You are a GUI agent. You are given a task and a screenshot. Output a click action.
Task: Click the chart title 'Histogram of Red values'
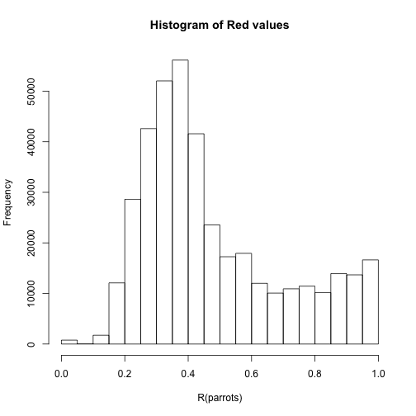point(220,26)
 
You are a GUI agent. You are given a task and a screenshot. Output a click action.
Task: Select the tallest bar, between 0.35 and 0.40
point(180,202)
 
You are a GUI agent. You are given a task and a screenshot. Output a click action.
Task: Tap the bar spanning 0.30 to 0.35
point(164,212)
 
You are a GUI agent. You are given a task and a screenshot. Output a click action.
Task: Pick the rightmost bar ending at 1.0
point(371,302)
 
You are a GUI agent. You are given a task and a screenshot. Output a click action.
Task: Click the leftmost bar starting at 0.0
point(69,342)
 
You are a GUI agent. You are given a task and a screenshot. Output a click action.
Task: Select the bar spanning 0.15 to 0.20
point(117,314)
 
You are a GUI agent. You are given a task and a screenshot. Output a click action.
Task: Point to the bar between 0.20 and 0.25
point(133,272)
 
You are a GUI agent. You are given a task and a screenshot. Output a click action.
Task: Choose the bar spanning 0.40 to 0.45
point(196,239)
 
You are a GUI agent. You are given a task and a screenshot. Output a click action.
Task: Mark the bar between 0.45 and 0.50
point(212,285)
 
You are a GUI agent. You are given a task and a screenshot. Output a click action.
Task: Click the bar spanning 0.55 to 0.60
point(243,299)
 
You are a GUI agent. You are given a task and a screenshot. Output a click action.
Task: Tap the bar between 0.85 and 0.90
point(338,309)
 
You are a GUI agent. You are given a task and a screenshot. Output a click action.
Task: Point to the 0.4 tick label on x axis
point(188,374)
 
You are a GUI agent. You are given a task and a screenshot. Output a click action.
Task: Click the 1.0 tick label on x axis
point(378,374)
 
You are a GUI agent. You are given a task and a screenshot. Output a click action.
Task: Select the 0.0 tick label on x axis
point(61,374)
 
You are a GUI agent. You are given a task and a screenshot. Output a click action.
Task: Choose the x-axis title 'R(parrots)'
point(220,398)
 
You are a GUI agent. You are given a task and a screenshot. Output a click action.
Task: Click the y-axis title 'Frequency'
point(8,202)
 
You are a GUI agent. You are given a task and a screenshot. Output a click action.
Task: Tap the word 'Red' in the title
point(237,26)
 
